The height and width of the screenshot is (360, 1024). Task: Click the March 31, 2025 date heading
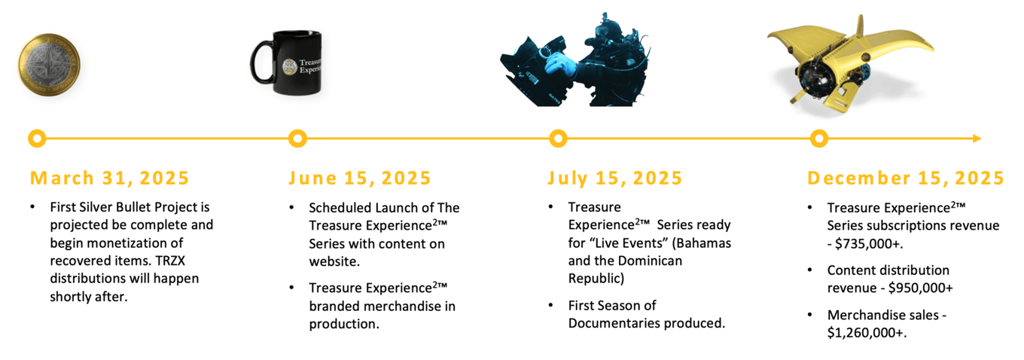(x=109, y=178)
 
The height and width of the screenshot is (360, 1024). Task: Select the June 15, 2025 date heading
(x=360, y=178)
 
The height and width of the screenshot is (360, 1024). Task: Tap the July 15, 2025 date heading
(x=615, y=178)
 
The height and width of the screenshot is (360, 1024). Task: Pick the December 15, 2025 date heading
(x=906, y=178)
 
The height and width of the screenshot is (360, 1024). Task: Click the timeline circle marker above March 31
(x=37, y=138)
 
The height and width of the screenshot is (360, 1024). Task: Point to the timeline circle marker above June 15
(x=297, y=138)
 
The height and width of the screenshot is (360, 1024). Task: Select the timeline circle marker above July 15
(x=558, y=138)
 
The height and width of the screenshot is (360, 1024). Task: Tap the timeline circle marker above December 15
(x=818, y=138)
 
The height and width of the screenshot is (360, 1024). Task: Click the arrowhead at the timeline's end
(x=977, y=138)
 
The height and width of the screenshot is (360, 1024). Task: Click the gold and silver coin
(x=49, y=65)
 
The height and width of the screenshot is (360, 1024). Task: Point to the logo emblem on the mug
(x=290, y=67)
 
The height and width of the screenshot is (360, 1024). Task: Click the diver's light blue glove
(x=560, y=63)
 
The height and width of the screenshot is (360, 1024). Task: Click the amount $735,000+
(x=869, y=244)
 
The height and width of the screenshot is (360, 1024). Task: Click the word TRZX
(x=170, y=261)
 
